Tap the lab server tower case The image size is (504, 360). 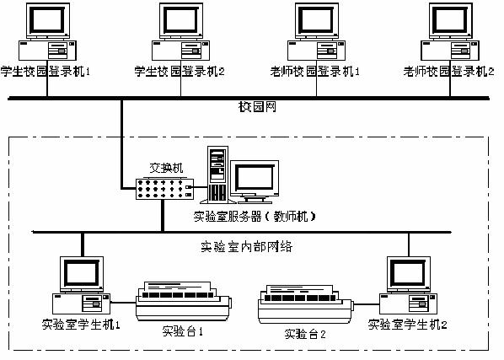217,176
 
